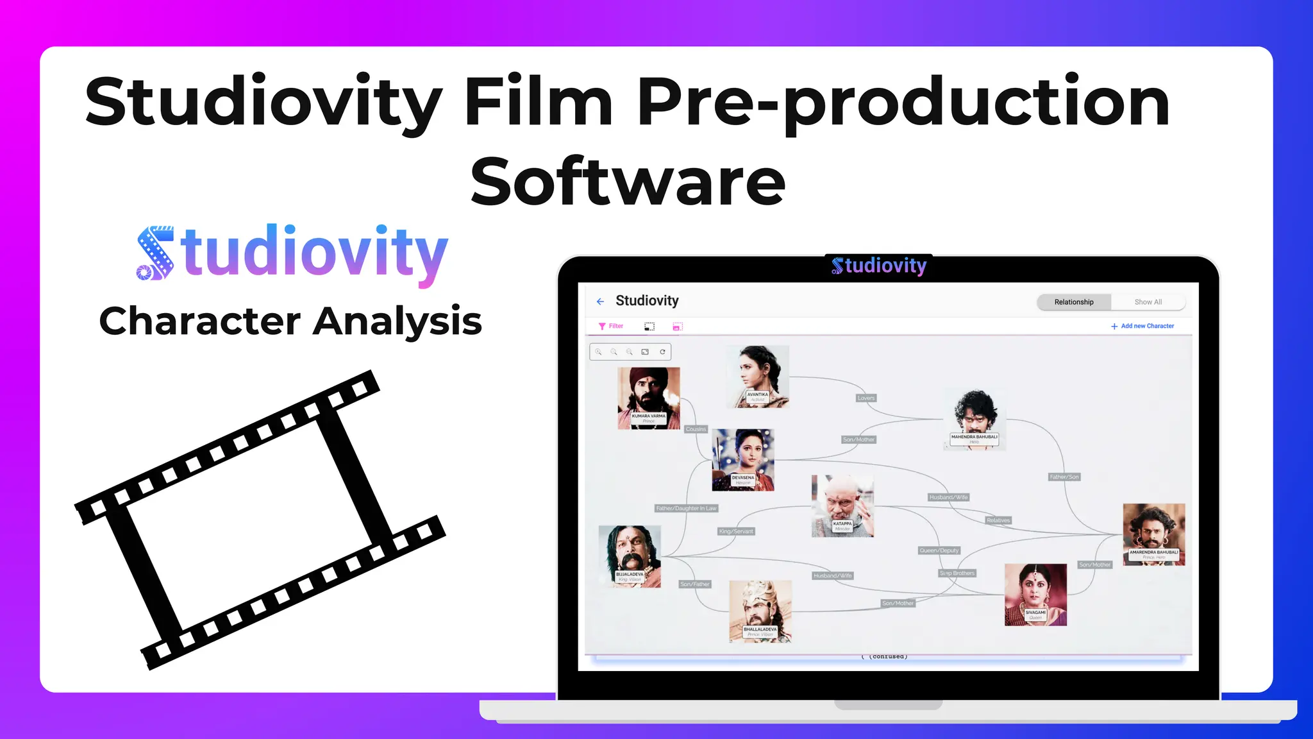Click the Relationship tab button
coord(1074,302)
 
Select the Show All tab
coord(1148,302)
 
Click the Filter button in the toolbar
coord(611,326)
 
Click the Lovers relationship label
coord(866,398)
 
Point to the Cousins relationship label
coord(696,429)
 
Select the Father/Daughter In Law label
coord(686,508)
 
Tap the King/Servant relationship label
coord(736,531)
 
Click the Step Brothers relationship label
coord(957,573)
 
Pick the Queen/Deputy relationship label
coord(939,550)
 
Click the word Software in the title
coord(628,182)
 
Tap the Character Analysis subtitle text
coord(290,321)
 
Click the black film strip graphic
coord(259,520)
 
